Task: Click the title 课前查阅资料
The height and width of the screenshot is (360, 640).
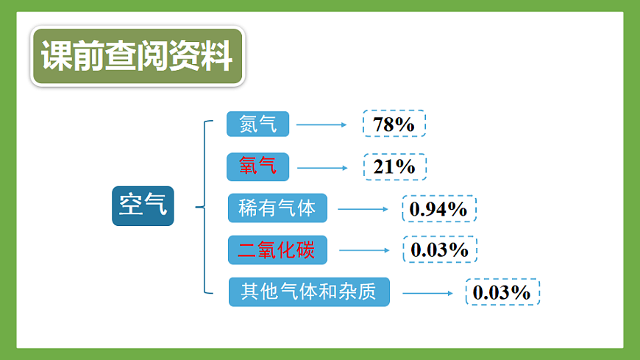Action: tap(137, 57)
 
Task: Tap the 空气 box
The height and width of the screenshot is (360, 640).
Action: tap(143, 205)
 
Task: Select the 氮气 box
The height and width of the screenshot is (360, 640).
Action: tap(257, 124)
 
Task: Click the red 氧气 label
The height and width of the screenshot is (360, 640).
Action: tap(257, 166)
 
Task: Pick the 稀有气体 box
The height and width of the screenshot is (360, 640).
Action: tap(277, 209)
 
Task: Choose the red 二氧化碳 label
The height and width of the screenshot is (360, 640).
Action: tap(277, 250)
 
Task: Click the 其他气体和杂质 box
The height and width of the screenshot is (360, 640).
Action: tap(309, 292)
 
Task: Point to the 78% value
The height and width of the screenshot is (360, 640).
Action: tap(394, 124)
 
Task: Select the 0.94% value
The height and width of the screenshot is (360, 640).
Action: tap(438, 209)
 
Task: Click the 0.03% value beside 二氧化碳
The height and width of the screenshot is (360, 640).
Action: tap(439, 250)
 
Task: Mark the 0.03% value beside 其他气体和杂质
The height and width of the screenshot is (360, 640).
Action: tap(502, 292)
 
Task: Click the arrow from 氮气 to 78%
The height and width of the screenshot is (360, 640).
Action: tap(321, 124)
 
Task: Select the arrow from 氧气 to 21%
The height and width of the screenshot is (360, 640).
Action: tap(321, 167)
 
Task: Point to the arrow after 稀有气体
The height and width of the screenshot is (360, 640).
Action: tap(363, 209)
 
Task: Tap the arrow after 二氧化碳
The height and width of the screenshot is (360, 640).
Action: tap(363, 250)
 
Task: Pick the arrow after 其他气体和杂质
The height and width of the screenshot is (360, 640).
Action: tap(427, 293)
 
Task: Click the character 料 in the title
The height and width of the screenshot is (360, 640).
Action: tap(217, 57)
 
